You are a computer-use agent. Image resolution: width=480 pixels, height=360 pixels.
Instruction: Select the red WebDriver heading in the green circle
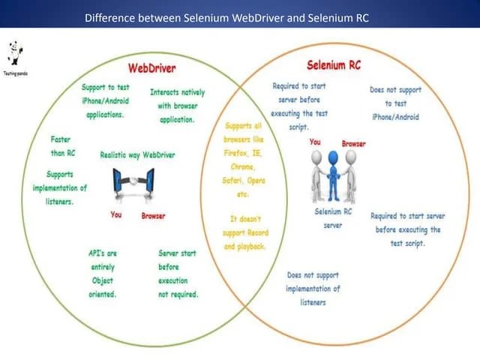(151, 68)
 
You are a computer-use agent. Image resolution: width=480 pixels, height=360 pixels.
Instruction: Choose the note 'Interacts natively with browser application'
(177, 106)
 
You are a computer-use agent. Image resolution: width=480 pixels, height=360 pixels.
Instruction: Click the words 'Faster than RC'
(62, 146)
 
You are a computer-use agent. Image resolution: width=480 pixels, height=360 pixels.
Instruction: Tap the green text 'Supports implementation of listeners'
(60, 187)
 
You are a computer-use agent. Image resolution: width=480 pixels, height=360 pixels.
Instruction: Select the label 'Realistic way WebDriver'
(137, 155)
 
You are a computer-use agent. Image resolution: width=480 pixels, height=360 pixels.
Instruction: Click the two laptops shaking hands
(133, 183)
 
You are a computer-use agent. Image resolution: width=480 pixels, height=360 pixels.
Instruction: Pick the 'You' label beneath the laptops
(116, 215)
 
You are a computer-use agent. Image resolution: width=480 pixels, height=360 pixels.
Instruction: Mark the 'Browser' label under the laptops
(153, 216)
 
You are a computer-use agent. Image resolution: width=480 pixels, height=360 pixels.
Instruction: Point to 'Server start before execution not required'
(178, 274)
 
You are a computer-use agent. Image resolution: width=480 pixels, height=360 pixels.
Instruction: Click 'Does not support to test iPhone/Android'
(395, 103)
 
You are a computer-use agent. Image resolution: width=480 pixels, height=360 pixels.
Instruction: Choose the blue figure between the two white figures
(333, 176)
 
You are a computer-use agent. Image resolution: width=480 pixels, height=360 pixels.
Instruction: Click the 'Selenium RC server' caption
(333, 218)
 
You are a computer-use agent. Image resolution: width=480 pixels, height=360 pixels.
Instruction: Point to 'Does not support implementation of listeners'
(313, 289)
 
